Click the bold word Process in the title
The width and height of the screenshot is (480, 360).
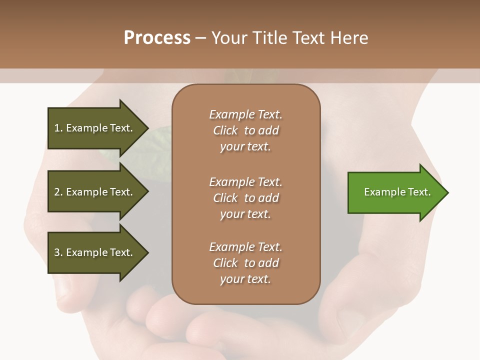pyautogui.click(x=157, y=38)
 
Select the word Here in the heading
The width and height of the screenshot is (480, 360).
pyautogui.click(x=348, y=38)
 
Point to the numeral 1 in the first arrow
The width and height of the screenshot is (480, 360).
pyautogui.click(x=57, y=128)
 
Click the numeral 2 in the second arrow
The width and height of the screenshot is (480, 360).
pyautogui.click(x=57, y=192)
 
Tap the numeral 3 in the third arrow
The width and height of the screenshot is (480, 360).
pyautogui.click(x=57, y=253)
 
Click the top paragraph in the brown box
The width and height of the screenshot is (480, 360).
pyautogui.click(x=245, y=130)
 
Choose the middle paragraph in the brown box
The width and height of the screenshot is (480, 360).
pyautogui.click(x=245, y=198)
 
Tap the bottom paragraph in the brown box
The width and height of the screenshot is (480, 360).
pyautogui.click(x=245, y=263)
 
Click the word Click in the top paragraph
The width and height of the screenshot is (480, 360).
pyautogui.click(x=225, y=131)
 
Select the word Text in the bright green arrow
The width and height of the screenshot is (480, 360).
pyautogui.click(x=419, y=192)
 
